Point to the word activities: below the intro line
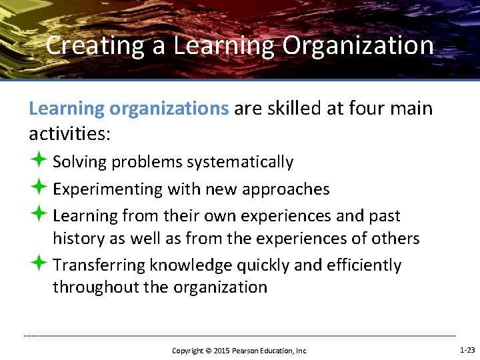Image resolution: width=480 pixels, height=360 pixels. point(69,133)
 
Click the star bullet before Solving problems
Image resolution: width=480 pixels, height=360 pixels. point(38,161)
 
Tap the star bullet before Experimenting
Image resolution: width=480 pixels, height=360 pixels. point(38,189)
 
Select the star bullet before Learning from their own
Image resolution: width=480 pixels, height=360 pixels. point(38,215)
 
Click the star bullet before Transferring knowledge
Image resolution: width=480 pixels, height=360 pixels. point(38,265)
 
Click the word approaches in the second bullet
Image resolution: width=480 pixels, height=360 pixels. point(291,189)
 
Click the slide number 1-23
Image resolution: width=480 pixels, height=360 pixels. point(467,350)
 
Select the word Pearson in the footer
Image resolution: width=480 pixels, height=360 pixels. point(247,351)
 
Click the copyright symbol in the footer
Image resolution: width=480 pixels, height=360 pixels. point(207,351)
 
